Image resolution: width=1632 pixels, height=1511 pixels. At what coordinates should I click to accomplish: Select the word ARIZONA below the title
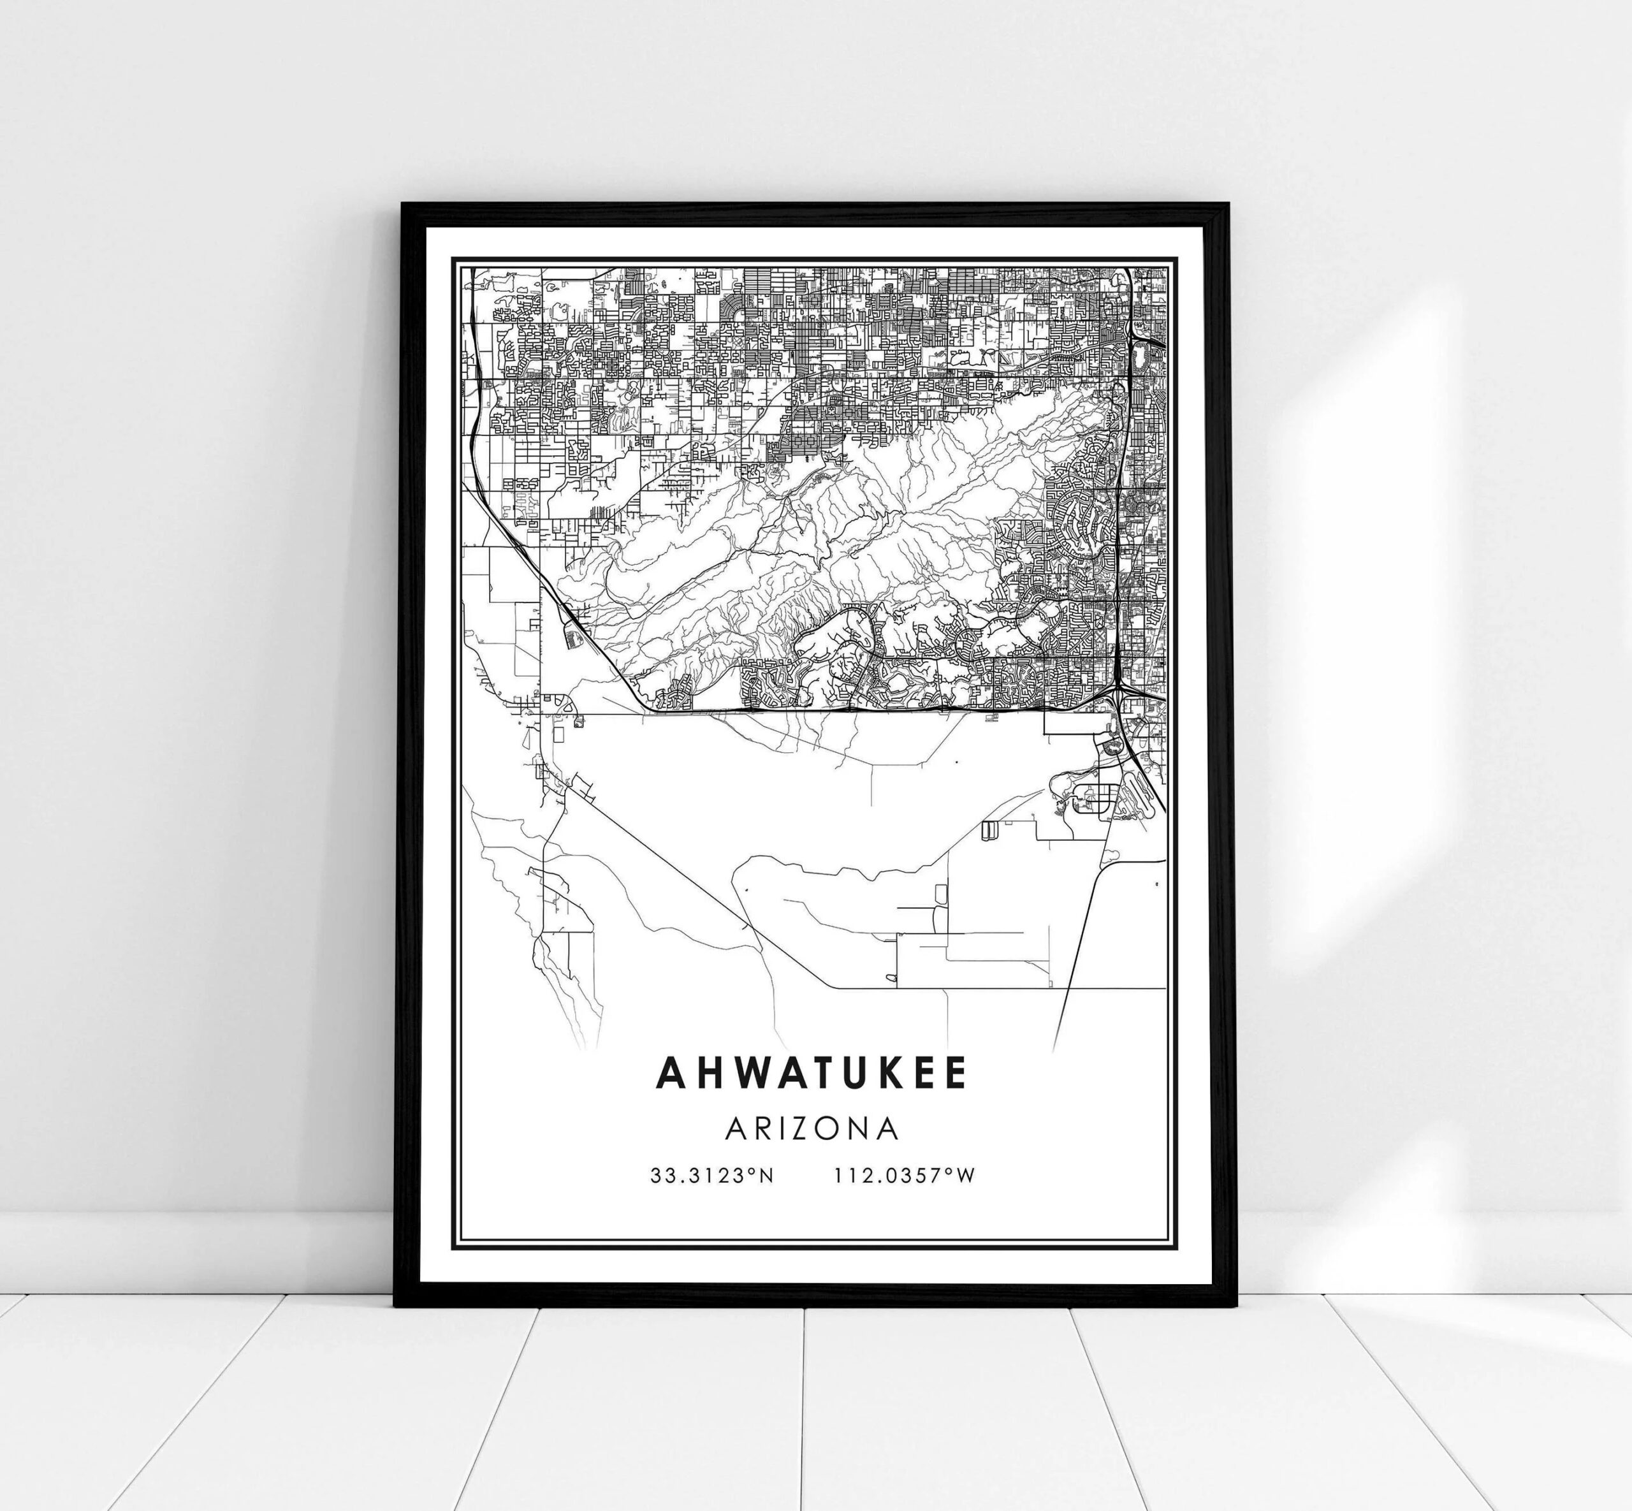[x=812, y=1129]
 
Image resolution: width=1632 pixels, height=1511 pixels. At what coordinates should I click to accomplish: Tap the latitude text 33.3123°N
[x=711, y=1176]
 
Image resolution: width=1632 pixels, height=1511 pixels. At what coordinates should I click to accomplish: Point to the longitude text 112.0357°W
[x=905, y=1176]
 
